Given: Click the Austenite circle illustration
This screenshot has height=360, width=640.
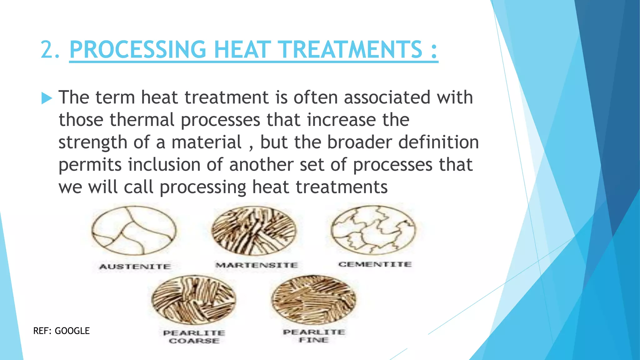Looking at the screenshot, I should click(134, 231).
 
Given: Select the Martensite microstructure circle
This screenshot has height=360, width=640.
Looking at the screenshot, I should click(254, 231).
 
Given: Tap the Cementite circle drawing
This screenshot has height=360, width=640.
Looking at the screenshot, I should click(373, 230).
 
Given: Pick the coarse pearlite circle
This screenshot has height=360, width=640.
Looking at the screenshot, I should click(194, 299).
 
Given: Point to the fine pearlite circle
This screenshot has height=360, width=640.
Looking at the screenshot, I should click(314, 299).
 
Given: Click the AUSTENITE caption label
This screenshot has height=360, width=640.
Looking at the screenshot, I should click(135, 267).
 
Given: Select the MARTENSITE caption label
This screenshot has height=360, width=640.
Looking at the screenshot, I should click(257, 265).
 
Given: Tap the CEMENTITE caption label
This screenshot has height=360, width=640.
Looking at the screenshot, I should click(375, 264).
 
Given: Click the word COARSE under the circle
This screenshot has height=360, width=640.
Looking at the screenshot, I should click(194, 341).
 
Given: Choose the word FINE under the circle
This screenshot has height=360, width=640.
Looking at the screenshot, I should click(314, 340).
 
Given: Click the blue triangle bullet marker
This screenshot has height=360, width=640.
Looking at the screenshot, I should click(46, 98).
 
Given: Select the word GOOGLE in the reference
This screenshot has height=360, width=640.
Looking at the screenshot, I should click(72, 331).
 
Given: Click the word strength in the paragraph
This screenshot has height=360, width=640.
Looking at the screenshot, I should click(93, 142).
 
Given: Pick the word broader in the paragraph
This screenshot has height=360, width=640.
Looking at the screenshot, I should click(359, 142).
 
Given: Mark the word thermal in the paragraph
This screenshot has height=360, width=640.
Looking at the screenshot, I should click(142, 120).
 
